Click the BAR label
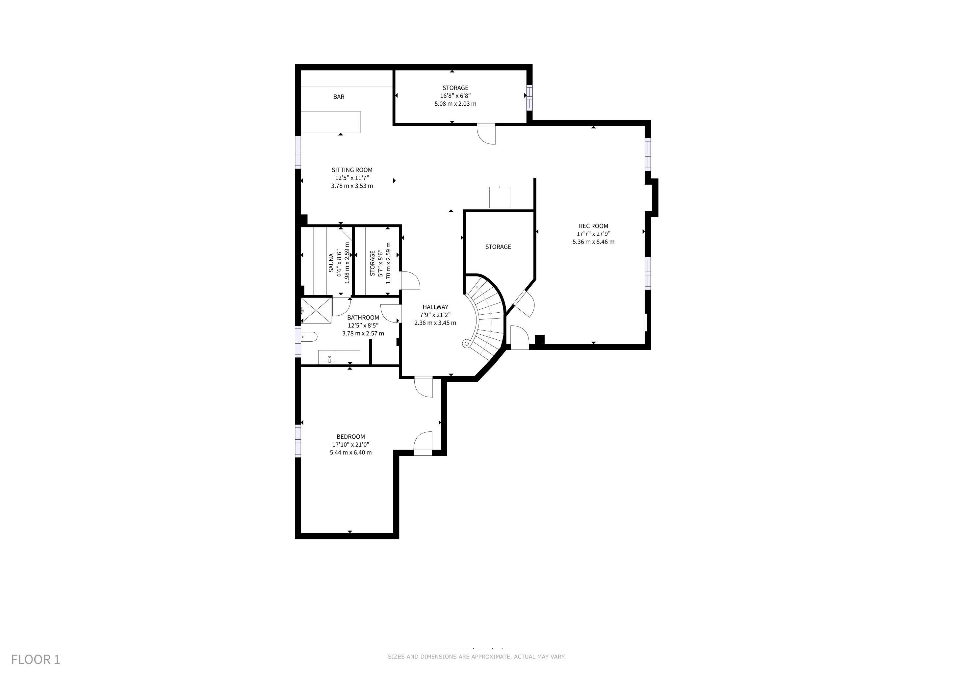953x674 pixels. [339, 97]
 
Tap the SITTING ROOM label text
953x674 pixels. [352, 170]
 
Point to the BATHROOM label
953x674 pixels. [363, 318]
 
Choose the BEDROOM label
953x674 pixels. [351, 437]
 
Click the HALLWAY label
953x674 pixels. [435, 307]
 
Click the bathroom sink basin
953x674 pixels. [329, 357]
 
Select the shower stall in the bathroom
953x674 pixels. [316, 310]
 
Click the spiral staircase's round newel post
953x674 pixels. [467, 344]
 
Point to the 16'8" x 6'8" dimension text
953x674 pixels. [455, 96]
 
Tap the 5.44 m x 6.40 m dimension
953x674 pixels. [351, 453]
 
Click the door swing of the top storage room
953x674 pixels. [486, 134]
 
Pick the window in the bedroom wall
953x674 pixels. [297, 440]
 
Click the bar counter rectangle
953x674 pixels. [331, 122]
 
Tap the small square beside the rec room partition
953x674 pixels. [500, 197]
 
